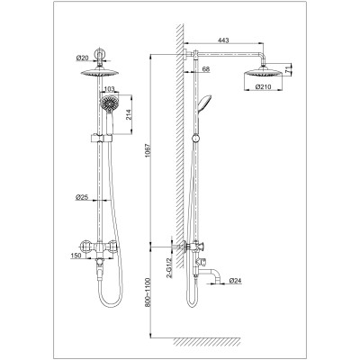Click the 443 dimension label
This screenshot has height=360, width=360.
click(223, 40)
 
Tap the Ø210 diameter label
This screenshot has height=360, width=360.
click(263, 86)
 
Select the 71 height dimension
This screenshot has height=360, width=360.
click(287, 70)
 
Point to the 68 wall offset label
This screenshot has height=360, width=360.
click(206, 69)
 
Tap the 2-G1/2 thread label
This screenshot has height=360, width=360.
click(168, 267)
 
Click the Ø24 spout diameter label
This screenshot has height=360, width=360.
click(236, 281)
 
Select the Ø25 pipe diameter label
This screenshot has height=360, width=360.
click(81, 197)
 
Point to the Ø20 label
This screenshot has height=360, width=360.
click(82, 58)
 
